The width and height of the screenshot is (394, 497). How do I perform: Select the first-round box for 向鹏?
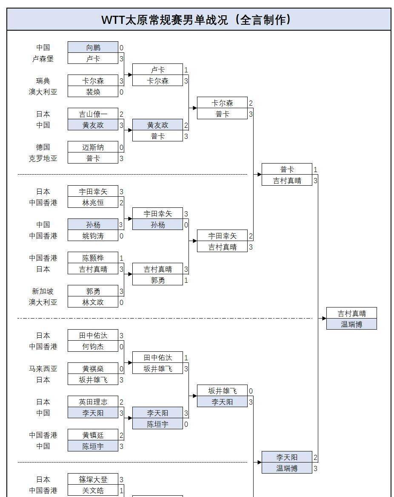coord(93,47)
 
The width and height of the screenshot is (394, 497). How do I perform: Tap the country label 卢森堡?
coord(43,59)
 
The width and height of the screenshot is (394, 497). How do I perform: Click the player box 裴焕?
coord(93,92)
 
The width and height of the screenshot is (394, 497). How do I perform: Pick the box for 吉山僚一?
coord(93,114)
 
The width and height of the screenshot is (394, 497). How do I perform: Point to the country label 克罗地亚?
coord(43,158)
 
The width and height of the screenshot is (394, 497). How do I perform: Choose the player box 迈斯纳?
coord(93,147)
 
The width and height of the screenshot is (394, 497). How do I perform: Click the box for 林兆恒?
coord(93,203)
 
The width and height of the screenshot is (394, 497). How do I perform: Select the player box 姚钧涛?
coord(93,236)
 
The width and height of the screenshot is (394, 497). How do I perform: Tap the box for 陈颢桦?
coord(93,258)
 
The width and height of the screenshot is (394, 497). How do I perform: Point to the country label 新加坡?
coord(43,291)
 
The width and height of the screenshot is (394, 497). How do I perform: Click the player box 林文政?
coord(93,302)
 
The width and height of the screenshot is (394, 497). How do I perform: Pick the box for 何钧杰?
coord(93,347)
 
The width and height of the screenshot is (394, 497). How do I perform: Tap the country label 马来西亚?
coord(43,369)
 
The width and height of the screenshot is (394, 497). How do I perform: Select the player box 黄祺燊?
coord(93,369)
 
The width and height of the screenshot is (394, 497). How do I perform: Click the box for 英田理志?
coord(93,402)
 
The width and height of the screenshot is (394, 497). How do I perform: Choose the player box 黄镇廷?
coord(93,435)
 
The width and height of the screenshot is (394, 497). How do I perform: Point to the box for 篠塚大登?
coord(93,480)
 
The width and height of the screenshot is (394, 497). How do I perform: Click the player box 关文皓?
coord(93,491)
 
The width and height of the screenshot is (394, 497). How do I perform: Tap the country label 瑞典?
coord(43,80)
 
